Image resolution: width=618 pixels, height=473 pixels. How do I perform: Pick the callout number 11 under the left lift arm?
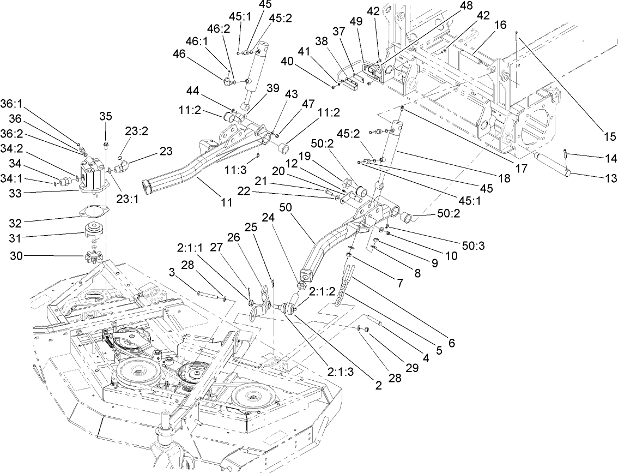[x=227, y=202]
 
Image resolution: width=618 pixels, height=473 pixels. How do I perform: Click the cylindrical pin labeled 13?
[x=553, y=164]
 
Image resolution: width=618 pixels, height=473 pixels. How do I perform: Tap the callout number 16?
[x=500, y=25]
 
